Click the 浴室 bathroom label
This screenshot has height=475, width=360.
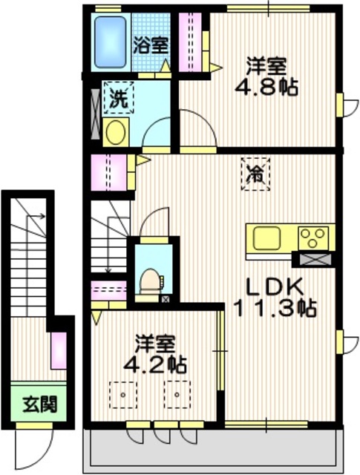tap(150, 44)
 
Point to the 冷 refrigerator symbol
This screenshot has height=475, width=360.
tap(254, 176)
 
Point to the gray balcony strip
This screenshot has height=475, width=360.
tap(215, 449)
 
